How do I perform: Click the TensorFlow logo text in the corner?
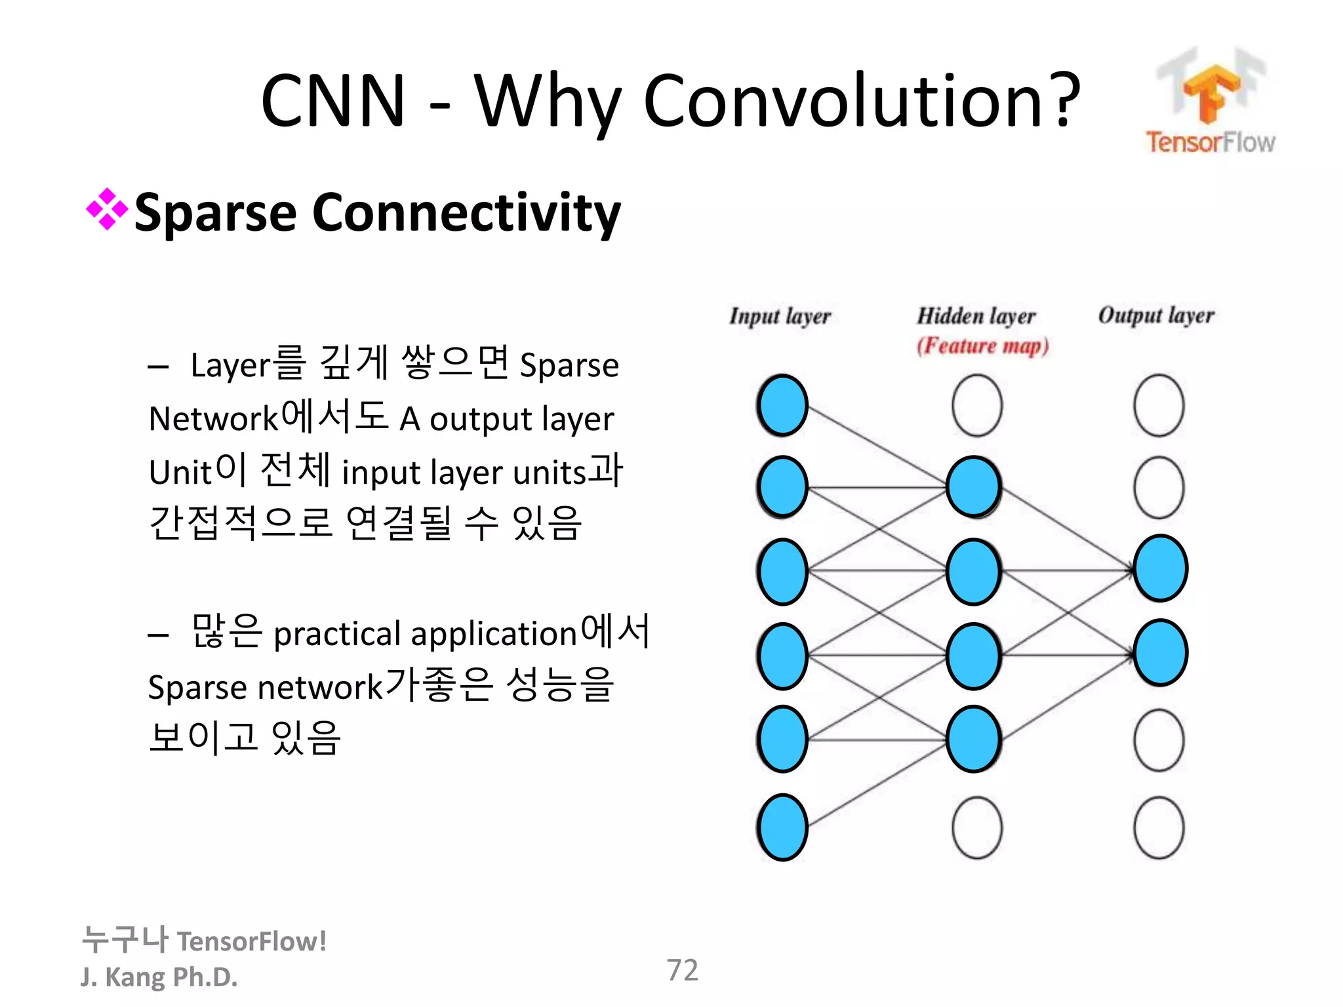click(x=1210, y=142)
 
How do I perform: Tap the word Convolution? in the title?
click(x=861, y=102)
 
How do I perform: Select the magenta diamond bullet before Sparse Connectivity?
click(x=106, y=210)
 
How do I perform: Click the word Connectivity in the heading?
click(x=466, y=213)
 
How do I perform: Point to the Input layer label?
click(x=780, y=317)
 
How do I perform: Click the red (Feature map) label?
click(x=982, y=346)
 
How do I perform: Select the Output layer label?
click(x=1156, y=315)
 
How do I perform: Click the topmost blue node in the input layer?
click(x=782, y=405)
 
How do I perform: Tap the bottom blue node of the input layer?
click(x=782, y=827)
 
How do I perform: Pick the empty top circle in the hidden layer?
click(x=976, y=405)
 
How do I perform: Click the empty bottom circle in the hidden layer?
click(x=976, y=827)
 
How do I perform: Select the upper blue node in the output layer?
click(x=1159, y=568)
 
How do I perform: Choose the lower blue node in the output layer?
click(x=1159, y=653)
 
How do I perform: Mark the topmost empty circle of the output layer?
click(x=1159, y=405)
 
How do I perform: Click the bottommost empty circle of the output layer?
click(x=1159, y=827)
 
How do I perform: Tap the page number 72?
click(x=682, y=970)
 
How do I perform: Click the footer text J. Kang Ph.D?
click(x=159, y=977)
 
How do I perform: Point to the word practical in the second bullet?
click(x=337, y=635)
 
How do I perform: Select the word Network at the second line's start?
click(x=214, y=420)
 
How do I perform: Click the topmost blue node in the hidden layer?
click(x=974, y=487)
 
